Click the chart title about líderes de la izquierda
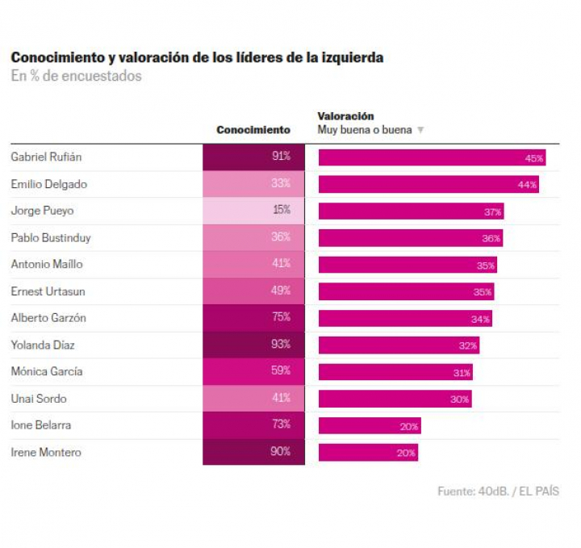point(197,58)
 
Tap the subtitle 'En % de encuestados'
point(76,77)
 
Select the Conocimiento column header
point(253,130)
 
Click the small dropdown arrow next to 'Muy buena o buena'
point(420,131)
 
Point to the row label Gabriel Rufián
point(46,157)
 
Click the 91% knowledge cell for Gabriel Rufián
point(253,157)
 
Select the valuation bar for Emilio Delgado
point(428,184)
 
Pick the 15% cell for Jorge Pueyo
point(253,211)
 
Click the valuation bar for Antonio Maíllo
point(408,265)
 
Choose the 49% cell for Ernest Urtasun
point(253,291)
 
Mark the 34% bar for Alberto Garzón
point(405,319)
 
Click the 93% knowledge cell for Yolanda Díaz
point(253,345)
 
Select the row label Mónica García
point(46,372)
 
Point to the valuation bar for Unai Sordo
point(395,399)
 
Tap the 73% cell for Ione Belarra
point(253,425)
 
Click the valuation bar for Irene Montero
point(368,453)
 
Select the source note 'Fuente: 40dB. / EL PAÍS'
point(498,491)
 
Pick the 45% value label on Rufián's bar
point(534,158)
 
